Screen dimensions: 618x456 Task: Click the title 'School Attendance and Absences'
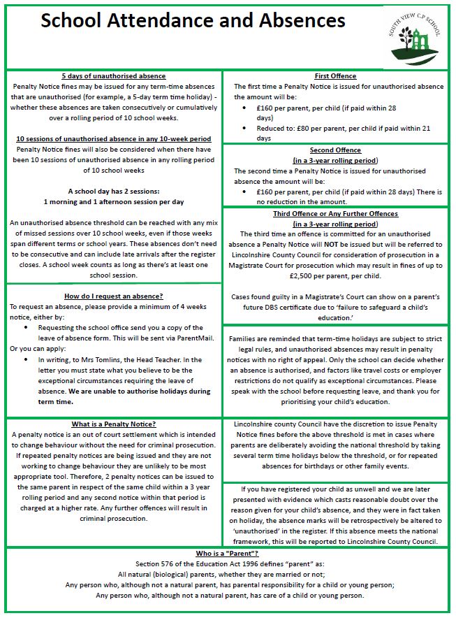pos(193,21)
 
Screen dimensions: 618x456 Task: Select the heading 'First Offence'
pos(335,76)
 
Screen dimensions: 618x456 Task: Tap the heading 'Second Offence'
pos(335,150)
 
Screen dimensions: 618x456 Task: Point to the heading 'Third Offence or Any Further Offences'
pos(335,214)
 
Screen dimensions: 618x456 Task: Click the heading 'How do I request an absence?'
pos(113,295)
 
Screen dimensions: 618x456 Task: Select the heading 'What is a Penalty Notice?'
pos(113,424)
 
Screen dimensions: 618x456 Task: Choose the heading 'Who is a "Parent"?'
pos(228,553)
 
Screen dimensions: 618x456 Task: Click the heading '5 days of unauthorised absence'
pos(113,76)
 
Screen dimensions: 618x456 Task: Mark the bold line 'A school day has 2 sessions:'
pos(113,191)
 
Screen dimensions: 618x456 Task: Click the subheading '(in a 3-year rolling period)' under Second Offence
pos(335,161)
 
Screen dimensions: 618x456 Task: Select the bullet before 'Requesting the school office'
pos(27,328)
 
